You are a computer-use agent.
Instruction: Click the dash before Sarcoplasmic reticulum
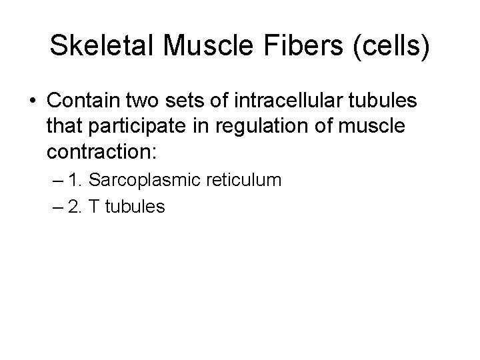tap(55, 180)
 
